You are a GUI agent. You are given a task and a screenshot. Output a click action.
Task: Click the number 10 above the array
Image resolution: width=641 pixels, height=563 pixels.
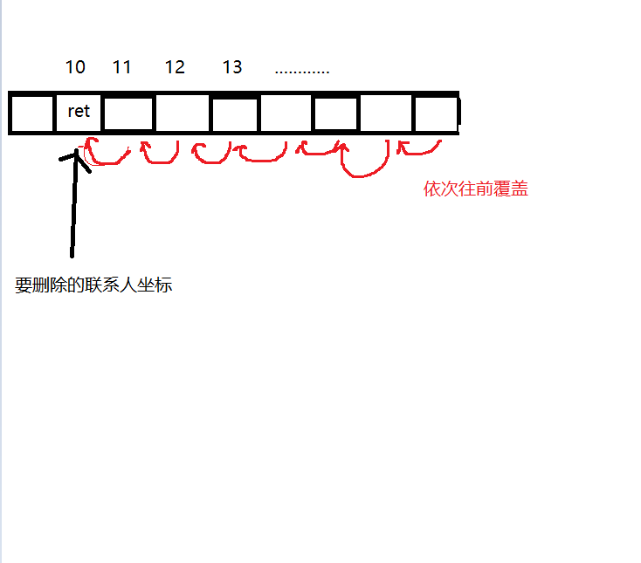coord(75,67)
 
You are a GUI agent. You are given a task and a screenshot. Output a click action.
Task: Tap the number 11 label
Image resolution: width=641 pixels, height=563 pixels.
coord(122,67)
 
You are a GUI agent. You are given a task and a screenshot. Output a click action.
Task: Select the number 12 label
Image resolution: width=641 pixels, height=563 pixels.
coord(175,67)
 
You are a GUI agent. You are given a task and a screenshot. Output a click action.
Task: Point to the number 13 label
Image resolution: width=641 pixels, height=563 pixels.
coord(232,67)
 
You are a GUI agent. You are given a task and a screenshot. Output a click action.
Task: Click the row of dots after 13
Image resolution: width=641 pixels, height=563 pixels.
coord(301,70)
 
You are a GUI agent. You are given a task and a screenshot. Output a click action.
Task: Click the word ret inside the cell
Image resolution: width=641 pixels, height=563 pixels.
coord(79,112)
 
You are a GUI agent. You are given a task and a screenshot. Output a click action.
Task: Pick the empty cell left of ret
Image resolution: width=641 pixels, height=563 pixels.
coord(32,113)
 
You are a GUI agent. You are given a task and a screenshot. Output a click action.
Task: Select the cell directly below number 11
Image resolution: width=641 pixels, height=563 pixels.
coord(128,113)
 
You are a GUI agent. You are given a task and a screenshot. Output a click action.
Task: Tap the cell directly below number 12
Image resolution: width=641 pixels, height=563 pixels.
coord(182,113)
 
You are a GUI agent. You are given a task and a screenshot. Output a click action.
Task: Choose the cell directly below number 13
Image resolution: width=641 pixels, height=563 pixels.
coord(234,113)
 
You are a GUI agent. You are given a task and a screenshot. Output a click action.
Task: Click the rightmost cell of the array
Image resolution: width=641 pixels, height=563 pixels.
coord(435,113)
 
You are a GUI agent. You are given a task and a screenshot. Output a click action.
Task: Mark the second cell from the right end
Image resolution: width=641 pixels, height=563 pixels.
coord(385,113)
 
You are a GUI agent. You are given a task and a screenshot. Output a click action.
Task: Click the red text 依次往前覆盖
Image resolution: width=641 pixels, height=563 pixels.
coord(475,189)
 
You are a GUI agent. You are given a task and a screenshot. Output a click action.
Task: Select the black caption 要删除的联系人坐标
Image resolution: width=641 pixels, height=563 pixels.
coord(93,285)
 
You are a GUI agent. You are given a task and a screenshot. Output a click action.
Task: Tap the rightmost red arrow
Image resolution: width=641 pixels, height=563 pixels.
coord(419,148)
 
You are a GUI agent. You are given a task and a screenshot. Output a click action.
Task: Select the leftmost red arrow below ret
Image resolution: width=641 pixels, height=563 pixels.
coord(107,154)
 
